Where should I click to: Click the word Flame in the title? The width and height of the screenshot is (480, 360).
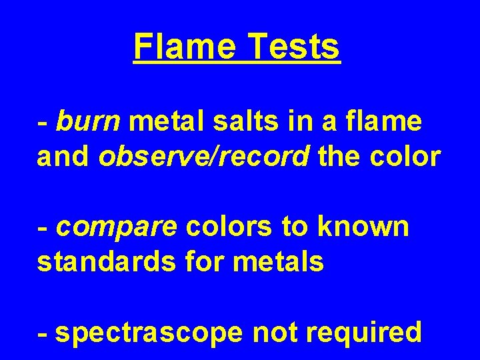[181, 47]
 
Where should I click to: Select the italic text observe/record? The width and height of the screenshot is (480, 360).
[204, 157]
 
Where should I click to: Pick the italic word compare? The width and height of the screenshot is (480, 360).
[117, 227]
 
